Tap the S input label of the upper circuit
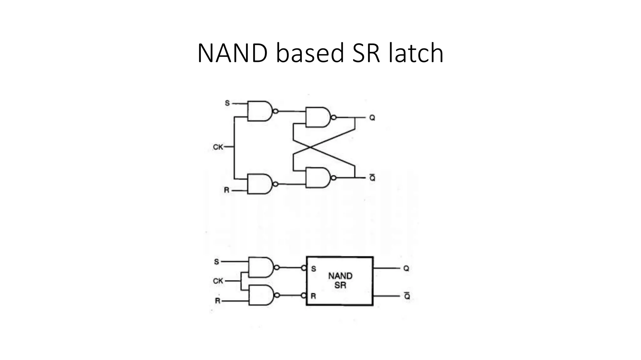click(x=227, y=103)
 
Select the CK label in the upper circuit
click(x=218, y=147)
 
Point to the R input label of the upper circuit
click(x=227, y=190)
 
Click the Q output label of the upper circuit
click(x=372, y=118)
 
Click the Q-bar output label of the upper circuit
click(x=372, y=178)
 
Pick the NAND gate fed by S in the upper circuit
click(x=259, y=111)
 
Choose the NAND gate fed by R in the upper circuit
click(x=259, y=184)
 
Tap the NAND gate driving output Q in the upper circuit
click(x=317, y=117)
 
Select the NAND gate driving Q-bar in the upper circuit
click(x=317, y=177)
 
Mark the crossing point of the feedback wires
click(x=309, y=147)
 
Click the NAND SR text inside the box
click(x=340, y=280)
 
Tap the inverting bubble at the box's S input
click(x=303, y=268)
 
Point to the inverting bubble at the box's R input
click(x=303, y=295)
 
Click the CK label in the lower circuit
click(x=218, y=281)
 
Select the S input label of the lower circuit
click(x=216, y=262)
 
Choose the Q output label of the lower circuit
click(x=406, y=268)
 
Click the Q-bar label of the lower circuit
click(x=407, y=296)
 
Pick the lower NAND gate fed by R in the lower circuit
click(x=260, y=295)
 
